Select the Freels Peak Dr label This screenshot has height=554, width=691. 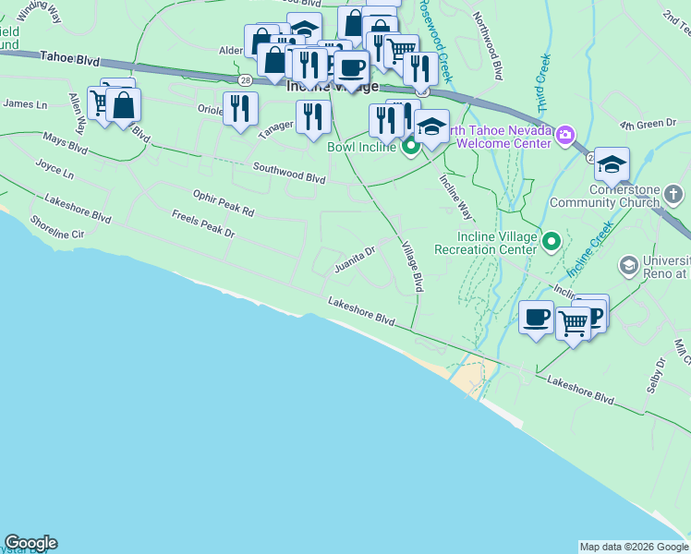point(203,224)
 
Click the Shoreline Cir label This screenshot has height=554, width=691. point(57,227)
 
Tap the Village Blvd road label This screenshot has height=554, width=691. point(412,267)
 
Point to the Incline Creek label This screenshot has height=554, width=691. point(590,250)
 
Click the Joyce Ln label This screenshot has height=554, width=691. point(55,170)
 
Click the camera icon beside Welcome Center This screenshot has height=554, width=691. point(564,137)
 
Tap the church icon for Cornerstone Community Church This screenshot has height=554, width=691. point(674,194)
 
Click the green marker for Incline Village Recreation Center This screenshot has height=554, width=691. point(552,242)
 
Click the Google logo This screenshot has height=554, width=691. point(30,543)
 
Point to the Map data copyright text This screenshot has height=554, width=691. point(634,547)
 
